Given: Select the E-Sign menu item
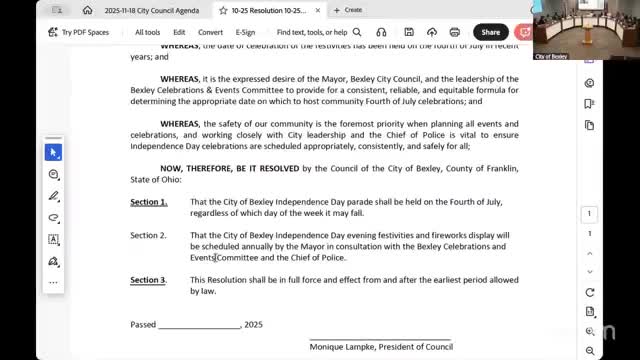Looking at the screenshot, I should click(x=245, y=32).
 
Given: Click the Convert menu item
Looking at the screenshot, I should click(x=210, y=32).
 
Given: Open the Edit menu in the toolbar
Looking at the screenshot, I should click(x=179, y=32).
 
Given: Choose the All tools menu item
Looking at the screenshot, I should click(x=147, y=32).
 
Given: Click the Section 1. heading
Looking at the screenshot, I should click(x=149, y=202).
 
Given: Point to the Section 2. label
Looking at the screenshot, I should click(x=149, y=235).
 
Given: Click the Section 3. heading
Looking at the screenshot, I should click(x=149, y=280).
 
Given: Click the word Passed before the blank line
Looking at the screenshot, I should click(x=143, y=325).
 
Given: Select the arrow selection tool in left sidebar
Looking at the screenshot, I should click(x=54, y=152).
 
